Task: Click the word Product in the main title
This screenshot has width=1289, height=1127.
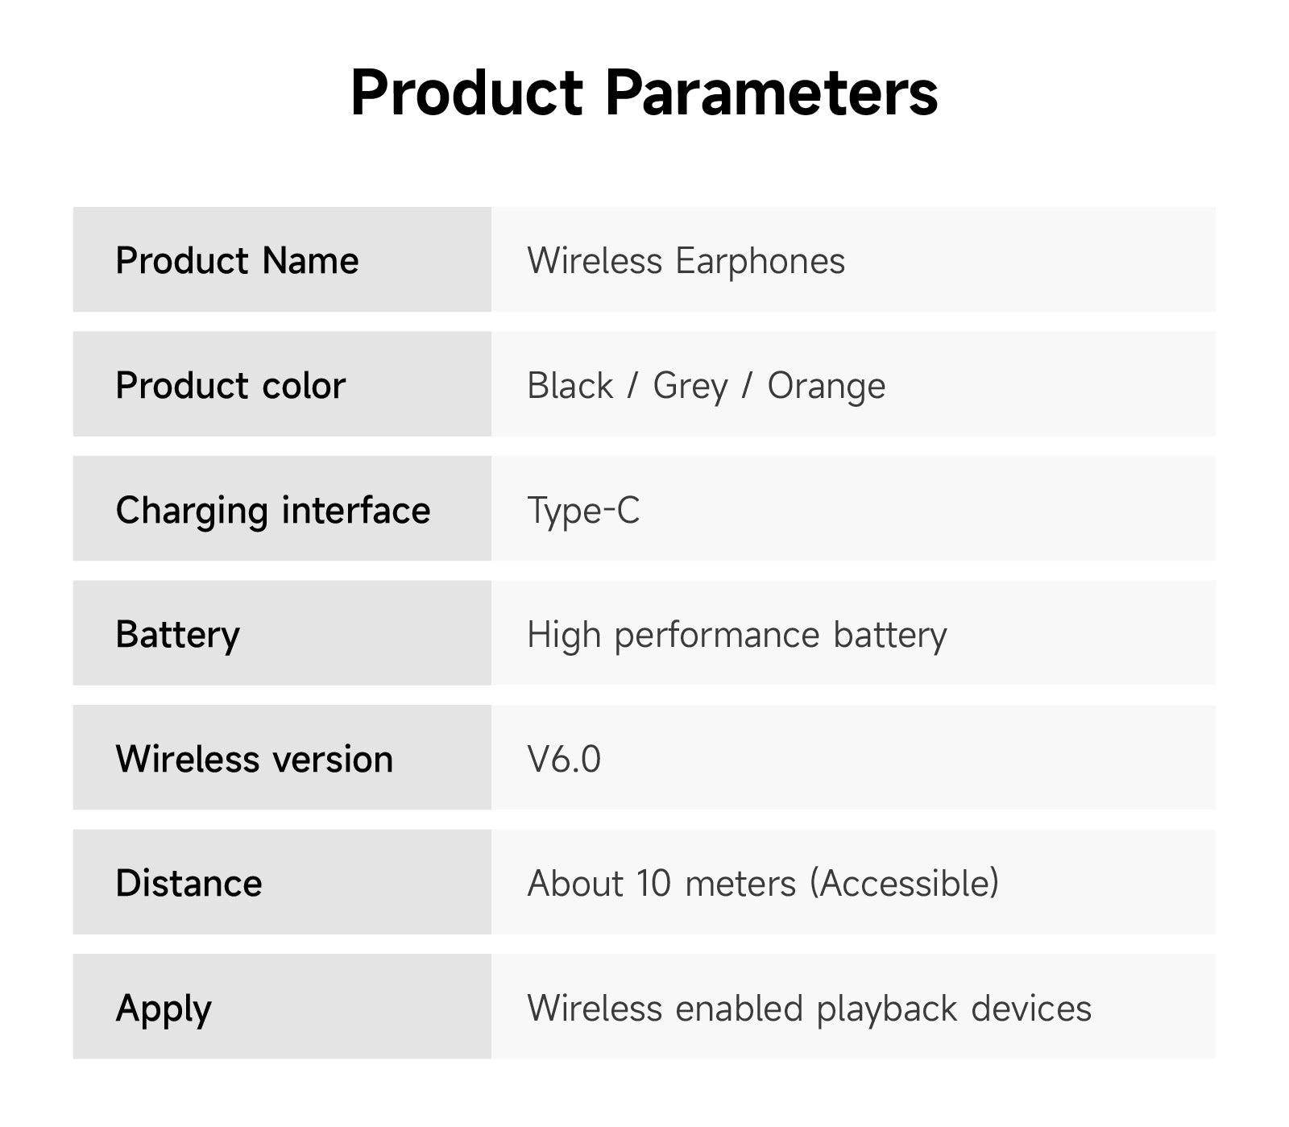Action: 467,93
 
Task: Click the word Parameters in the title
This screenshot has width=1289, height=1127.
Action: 771,93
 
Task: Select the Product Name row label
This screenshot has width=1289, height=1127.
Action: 237,260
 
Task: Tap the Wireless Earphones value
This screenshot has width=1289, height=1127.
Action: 686,261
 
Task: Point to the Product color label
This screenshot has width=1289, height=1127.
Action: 230,385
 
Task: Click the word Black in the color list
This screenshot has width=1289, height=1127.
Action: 570,385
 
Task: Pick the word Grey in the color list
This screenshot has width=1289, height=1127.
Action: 690,387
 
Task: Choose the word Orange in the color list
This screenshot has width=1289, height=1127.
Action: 826,387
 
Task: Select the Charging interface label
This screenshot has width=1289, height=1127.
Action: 273,511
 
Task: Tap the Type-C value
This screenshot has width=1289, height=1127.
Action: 583,511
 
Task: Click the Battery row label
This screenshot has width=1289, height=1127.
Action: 177,635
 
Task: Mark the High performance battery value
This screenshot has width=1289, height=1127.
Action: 736,635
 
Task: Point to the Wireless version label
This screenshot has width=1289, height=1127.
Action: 255,759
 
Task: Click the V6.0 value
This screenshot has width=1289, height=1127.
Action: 564,759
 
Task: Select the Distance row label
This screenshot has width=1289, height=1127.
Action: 189,883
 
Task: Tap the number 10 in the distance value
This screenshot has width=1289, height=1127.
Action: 653,884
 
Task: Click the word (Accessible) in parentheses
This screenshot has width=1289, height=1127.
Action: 904,884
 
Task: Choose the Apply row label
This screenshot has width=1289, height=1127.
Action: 164,1009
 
